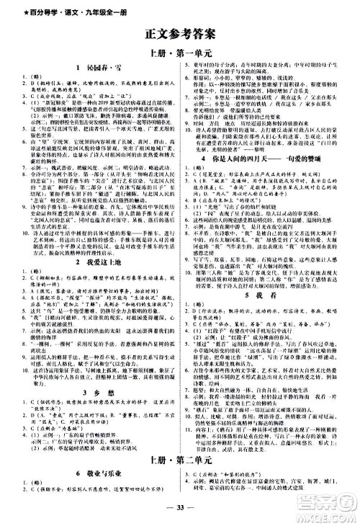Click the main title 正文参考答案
coord(179,31)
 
